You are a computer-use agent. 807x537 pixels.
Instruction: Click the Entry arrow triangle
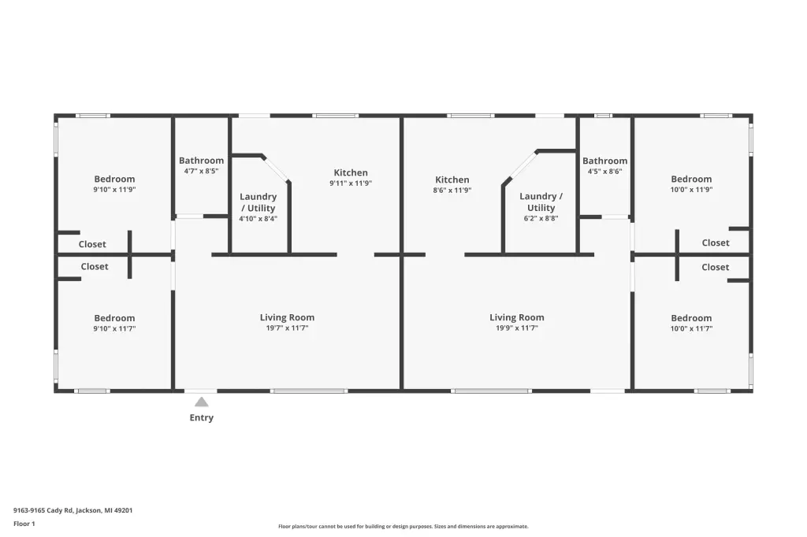[x=202, y=402]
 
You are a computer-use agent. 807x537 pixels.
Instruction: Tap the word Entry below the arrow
[x=201, y=417]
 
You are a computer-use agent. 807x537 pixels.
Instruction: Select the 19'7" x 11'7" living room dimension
[x=287, y=328]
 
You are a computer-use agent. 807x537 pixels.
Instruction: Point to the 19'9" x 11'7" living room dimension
[x=517, y=328]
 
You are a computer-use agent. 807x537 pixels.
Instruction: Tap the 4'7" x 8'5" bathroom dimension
[x=201, y=172]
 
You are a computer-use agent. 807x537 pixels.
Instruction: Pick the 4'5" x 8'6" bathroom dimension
[x=604, y=172]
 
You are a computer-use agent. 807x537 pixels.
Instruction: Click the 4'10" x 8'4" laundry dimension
[x=258, y=219]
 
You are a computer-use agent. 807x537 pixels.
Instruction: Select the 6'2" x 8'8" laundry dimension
[x=541, y=218]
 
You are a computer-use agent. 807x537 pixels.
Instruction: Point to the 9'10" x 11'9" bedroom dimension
[x=114, y=190]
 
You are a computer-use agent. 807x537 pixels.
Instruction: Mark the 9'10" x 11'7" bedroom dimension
[x=114, y=328]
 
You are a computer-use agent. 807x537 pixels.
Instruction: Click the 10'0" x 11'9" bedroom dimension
[x=691, y=190]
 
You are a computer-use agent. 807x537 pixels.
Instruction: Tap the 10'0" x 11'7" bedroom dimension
[x=691, y=328]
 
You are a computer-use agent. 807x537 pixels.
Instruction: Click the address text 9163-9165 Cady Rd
[x=43, y=511]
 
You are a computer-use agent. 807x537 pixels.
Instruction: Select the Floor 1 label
[x=24, y=524]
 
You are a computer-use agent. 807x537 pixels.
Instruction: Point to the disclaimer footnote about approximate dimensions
[x=403, y=527]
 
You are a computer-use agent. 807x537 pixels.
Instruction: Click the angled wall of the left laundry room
[x=275, y=169]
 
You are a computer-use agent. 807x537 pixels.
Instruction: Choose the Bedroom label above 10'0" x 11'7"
[x=691, y=318]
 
